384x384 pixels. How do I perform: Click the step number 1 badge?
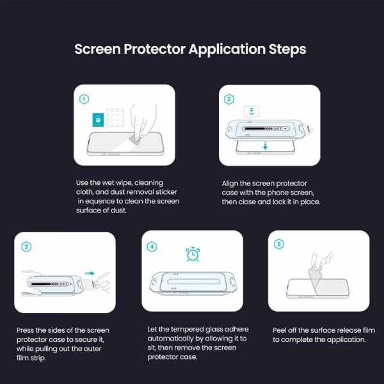(84, 99)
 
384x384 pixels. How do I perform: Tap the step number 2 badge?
(229, 99)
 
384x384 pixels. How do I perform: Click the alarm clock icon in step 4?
(192, 254)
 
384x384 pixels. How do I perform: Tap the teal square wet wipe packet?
(97, 119)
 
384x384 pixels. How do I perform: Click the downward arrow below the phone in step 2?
(265, 147)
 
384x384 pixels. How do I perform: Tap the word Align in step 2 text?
(232, 182)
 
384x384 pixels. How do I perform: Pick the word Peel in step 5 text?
(282, 330)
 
